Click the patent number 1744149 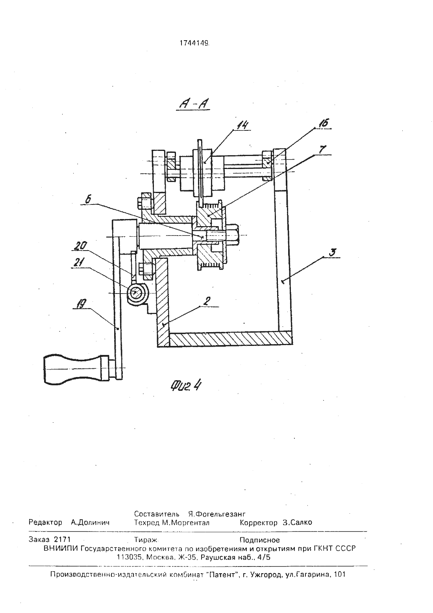(194, 43)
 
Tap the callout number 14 (242, 125)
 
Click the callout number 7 (322, 149)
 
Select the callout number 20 (80, 245)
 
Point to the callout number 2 (207, 301)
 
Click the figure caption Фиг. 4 (186, 386)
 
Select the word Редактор (45, 523)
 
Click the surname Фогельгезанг (217, 514)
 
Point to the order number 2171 (62, 539)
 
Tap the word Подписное (260, 540)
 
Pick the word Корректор (258, 523)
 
